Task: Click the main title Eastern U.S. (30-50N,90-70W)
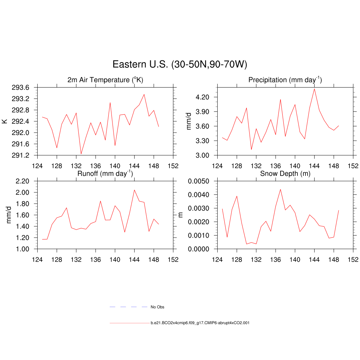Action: coord(180,64)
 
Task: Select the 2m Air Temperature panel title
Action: coord(105,80)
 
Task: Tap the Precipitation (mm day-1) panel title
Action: coord(285,80)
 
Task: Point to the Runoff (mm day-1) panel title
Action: coord(105,173)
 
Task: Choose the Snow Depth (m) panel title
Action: coord(285,174)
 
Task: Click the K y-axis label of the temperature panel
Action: coord(5,121)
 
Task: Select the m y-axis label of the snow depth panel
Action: coord(181,215)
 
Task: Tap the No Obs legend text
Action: coord(157,307)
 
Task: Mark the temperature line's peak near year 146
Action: coord(144,94)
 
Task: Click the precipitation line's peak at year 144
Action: coord(314,89)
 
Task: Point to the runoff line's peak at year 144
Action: coord(134,190)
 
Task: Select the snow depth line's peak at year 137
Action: coord(280,189)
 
